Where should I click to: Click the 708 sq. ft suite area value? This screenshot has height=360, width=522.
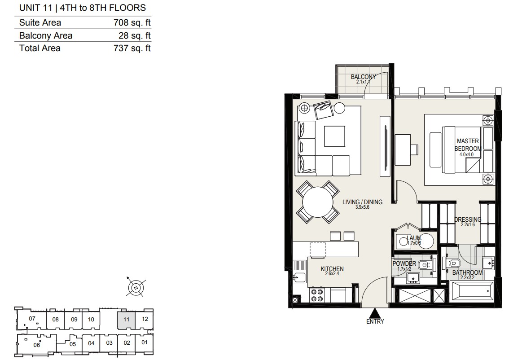[x=132, y=22]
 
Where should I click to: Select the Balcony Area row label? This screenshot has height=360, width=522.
[x=46, y=35]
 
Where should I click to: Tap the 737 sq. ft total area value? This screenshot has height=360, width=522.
[x=132, y=48]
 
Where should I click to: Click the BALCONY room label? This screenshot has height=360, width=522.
[x=363, y=77]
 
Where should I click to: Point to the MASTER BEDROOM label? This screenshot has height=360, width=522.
[x=468, y=145]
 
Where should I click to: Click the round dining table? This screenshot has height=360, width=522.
[x=318, y=202]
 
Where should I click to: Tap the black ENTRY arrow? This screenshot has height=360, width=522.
[x=375, y=313]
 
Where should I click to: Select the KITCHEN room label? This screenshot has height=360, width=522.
[x=332, y=269]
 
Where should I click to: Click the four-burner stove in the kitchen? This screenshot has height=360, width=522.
[x=316, y=295]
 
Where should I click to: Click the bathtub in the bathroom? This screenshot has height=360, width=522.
[x=472, y=292]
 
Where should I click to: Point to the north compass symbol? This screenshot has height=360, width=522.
[x=136, y=287]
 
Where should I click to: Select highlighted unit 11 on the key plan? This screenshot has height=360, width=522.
[x=126, y=320]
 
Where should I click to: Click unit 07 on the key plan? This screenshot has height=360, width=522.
[x=31, y=319]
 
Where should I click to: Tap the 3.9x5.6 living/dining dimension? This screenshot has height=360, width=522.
[x=362, y=207]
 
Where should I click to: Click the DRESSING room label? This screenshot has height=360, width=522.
[x=468, y=220]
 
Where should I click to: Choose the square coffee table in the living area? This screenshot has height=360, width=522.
[x=334, y=136]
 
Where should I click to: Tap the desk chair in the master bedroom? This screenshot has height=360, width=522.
[x=414, y=149]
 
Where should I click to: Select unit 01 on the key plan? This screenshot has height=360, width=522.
[x=145, y=342]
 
